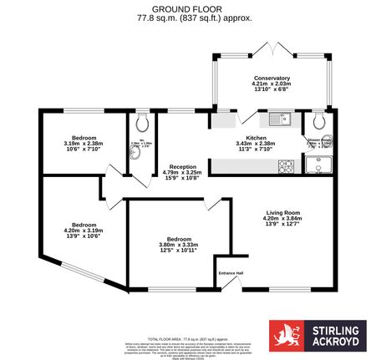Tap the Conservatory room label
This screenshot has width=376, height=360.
[x=272, y=78]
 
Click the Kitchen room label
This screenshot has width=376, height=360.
[x=255, y=138]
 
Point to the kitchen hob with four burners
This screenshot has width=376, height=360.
[x=287, y=165]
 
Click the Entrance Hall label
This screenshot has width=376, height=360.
[x=231, y=273]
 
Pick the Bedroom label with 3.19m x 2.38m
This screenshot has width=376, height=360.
[x=83, y=138]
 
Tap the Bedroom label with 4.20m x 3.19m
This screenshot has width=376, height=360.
[x=83, y=225]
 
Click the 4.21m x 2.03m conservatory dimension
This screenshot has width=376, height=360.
[x=272, y=84]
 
